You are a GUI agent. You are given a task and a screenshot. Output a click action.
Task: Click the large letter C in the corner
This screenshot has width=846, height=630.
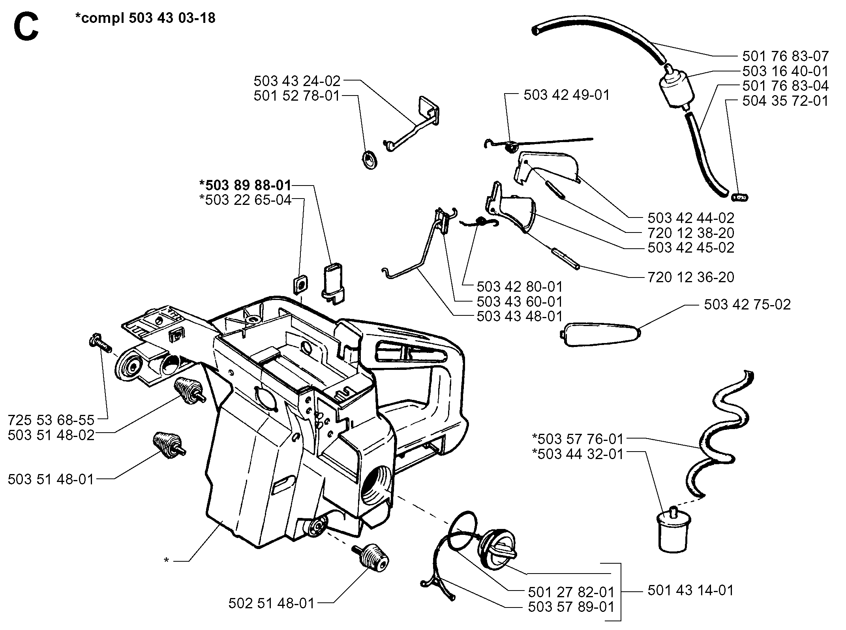[26, 24]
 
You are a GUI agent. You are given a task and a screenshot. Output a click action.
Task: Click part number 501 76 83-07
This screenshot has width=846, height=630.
[785, 56]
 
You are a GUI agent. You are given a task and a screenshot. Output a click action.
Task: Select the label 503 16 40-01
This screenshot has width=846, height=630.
[785, 71]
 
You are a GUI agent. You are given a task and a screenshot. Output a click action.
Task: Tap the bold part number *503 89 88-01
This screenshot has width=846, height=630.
[245, 185]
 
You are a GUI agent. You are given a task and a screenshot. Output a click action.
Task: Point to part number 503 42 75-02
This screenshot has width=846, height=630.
[747, 304]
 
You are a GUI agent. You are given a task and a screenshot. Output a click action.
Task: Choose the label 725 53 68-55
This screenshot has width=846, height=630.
[51, 419]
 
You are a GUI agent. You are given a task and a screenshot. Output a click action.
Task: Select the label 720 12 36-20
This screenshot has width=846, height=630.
[691, 277]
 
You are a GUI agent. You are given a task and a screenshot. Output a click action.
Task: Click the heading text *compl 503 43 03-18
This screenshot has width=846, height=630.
[145, 18]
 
